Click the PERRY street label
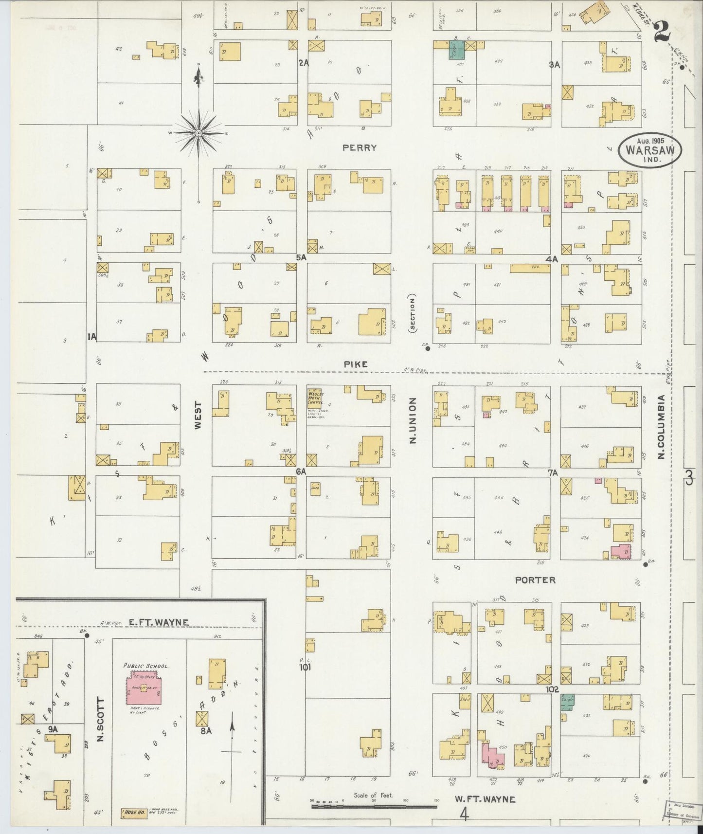pyautogui.click(x=360, y=147)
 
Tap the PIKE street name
pyautogui.click(x=355, y=364)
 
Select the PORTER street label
pyautogui.click(x=535, y=580)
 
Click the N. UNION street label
pyautogui.click(x=412, y=420)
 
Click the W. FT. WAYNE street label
pyautogui.click(x=485, y=799)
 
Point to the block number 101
pyautogui.click(x=305, y=667)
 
